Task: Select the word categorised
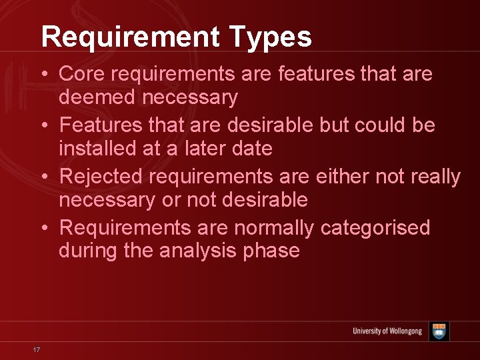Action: pyautogui.click(x=375, y=228)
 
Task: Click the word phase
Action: pyautogui.click(x=274, y=251)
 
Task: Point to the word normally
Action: pyautogui.click(x=273, y=228)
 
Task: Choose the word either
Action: pyautogui.click(x=346, y=177)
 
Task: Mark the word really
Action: pyautogui.click(x=436, y=177)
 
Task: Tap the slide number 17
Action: pyautogui.click(x=37, y=350)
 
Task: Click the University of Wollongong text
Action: pyautogui.click(x=387, y=331)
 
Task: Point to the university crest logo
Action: pyautogui.click(x=439, y=331)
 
